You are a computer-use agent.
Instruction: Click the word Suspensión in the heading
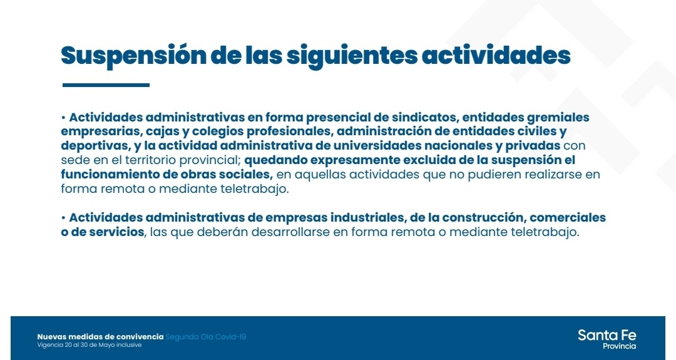point(134,56)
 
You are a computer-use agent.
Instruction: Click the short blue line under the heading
point(106,85)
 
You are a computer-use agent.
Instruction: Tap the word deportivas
point(95,146)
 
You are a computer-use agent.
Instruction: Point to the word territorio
point(150,160)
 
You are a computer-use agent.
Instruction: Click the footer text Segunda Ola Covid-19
point(206,337)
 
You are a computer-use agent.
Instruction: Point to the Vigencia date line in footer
point(90,345)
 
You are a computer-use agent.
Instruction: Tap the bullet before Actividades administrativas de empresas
point(63,217)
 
